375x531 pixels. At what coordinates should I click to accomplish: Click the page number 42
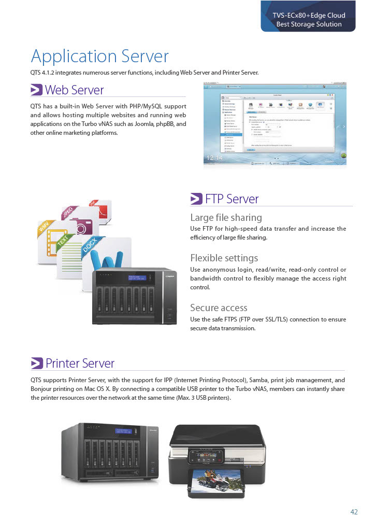point(354,512)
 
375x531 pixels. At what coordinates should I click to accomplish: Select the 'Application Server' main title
point(99,56)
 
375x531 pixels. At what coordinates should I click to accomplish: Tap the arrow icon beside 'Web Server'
point(36,90)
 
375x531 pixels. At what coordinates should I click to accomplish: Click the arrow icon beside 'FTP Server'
point(196,199)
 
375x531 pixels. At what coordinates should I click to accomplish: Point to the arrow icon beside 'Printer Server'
point(36,364)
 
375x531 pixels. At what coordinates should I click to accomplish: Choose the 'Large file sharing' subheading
point(226,217)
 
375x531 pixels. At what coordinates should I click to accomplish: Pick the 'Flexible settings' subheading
point(224,258)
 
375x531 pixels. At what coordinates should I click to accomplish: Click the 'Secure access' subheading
point(219,308)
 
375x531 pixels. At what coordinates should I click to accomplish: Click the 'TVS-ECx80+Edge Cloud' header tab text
point(309,16)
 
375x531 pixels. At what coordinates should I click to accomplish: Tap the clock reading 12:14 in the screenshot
point(214,158)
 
